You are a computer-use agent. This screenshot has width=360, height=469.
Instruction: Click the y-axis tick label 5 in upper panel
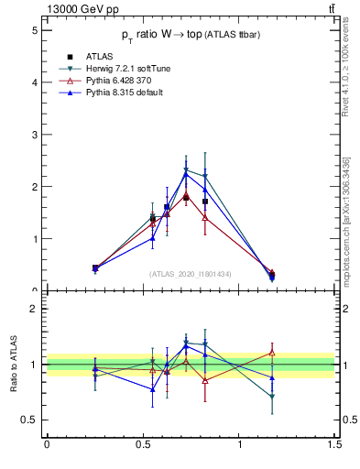point(34,30)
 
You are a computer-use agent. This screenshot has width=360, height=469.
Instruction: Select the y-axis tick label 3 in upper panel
point(34,135)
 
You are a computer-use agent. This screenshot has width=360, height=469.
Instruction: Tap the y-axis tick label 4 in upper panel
point(34,82)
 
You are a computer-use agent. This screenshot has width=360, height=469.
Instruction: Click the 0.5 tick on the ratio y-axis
point(30,420)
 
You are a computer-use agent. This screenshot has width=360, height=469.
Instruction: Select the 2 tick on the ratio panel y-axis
point(34,309)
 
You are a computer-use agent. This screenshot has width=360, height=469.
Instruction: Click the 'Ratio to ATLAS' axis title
point(15,365)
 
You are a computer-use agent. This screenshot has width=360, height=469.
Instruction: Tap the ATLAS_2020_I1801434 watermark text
point(191,274)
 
